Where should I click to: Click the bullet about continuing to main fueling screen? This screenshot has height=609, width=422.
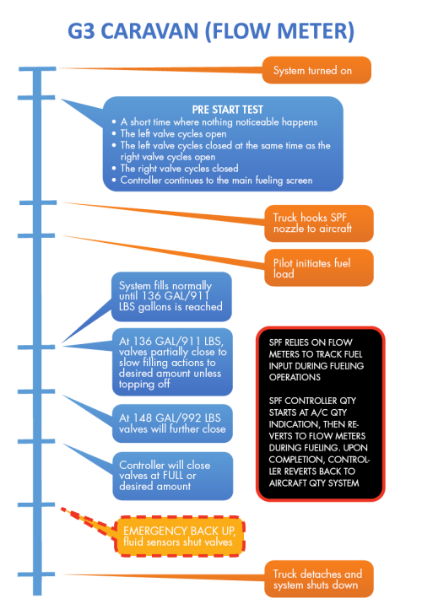coord(216,181)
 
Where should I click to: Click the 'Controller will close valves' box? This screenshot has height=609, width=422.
coord(173,475)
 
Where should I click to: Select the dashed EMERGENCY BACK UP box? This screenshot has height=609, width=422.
coord(176,536)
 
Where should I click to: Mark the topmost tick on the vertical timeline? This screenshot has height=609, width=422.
coord(38,68)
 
